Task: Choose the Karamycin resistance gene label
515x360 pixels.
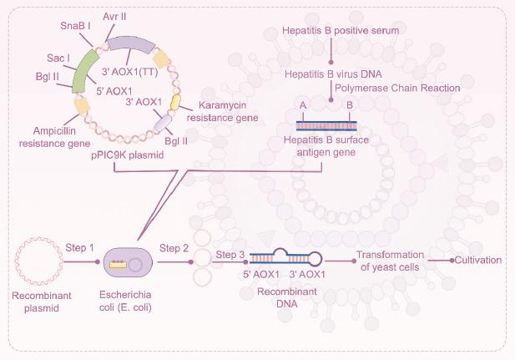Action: click(220, 113)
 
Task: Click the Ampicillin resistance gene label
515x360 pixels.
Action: click(52, 136)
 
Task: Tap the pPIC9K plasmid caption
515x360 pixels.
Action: click(127, 155)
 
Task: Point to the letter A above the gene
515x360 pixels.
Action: click(302, 104)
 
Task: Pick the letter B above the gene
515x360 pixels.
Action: click(350, 104)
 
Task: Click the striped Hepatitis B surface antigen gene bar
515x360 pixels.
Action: click(327, 124)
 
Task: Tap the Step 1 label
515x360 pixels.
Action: click(80, 248)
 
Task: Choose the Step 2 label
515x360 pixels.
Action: click(174, 248)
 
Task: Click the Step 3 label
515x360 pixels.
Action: click(230, 254)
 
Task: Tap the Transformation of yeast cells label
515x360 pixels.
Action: click(390, 261)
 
